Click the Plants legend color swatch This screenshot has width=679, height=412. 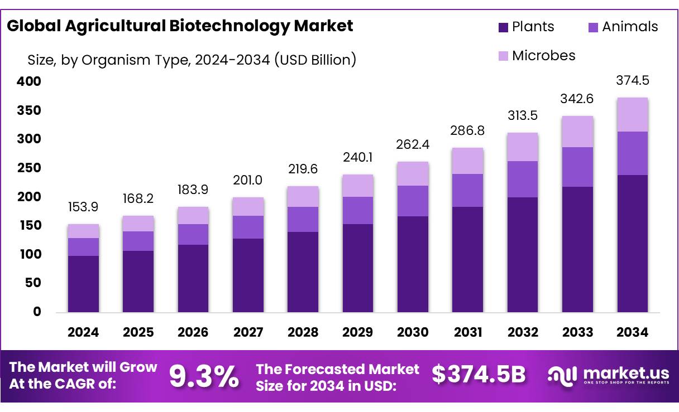503,27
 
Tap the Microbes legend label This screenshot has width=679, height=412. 543,55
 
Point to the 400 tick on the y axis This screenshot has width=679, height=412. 29,81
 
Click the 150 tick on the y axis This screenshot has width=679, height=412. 29,225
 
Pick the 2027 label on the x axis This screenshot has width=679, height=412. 248,332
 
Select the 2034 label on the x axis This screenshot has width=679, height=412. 633,332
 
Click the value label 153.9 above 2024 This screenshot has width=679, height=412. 83,207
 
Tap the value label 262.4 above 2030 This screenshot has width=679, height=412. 413,145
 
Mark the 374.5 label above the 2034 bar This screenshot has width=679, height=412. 633,80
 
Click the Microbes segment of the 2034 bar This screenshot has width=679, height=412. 633,115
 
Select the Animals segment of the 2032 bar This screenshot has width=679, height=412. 523,179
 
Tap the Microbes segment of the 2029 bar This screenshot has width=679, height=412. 358,186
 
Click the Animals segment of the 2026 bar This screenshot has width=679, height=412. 193,234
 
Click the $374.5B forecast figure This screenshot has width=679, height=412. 479,375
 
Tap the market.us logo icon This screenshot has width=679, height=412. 562,376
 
